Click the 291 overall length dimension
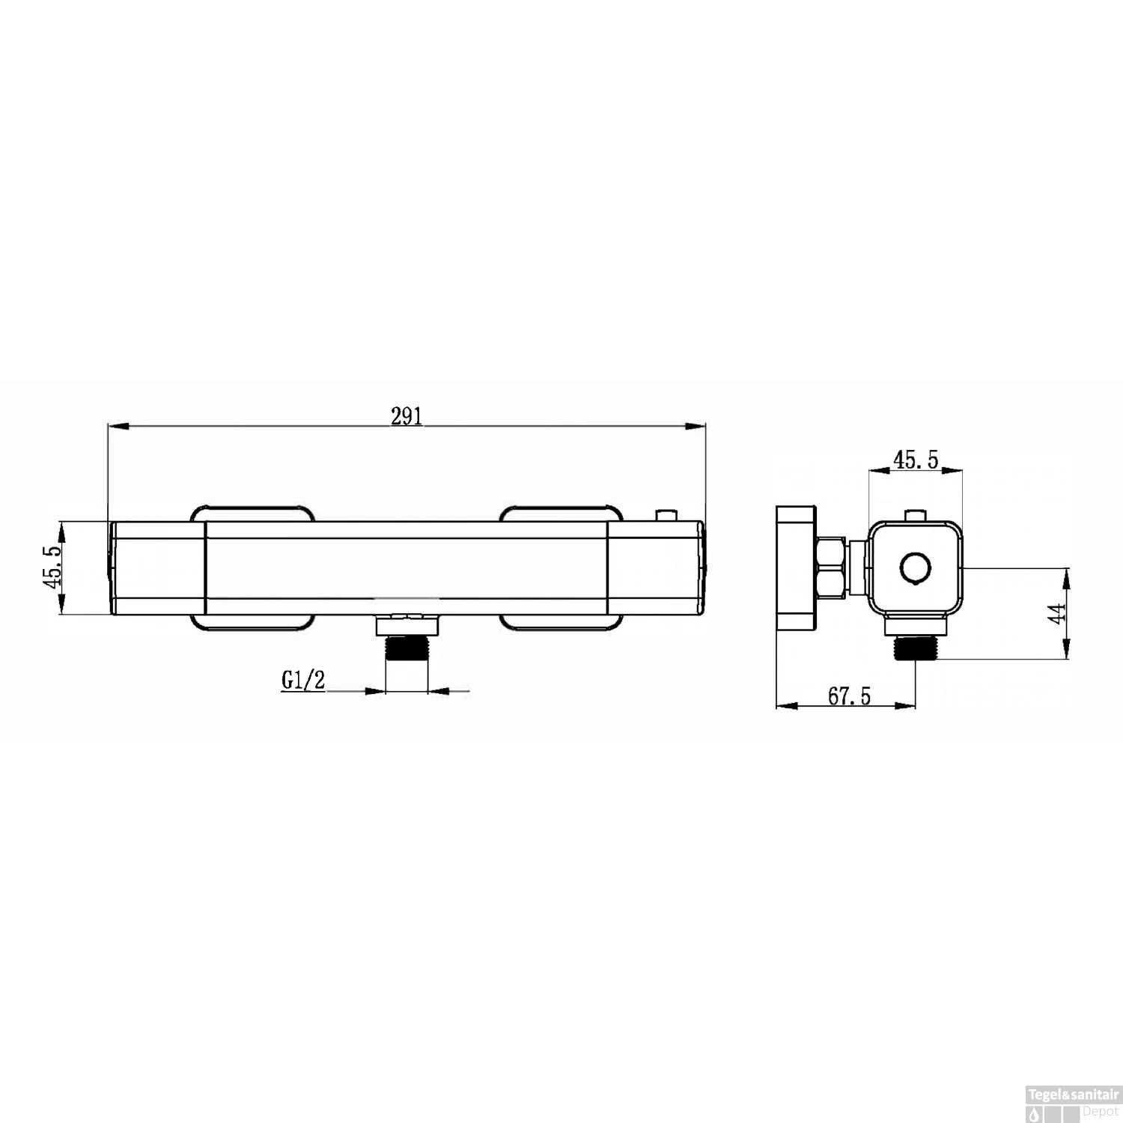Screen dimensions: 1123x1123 point(407,416)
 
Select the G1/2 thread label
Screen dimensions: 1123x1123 point(303,680)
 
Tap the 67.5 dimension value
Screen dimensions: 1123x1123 point(850,696)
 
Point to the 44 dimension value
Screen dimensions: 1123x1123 point(1056,614)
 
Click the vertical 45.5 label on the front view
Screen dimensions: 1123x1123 point(52,568)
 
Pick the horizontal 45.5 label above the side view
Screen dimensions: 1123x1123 point(916,460)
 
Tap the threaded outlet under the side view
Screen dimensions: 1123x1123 point(916,647)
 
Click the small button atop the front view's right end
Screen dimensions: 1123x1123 point(665,516)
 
